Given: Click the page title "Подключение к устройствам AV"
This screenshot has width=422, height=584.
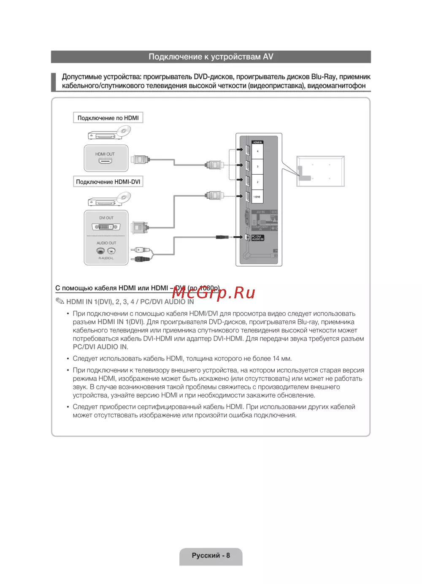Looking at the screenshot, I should [x=211, y=57].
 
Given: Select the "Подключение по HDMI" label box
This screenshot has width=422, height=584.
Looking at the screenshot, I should [x=108, y=118].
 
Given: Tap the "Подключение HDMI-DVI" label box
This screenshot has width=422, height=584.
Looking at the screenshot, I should [x=108, y=182].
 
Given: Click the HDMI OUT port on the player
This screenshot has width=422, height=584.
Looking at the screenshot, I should [x=105, y=161].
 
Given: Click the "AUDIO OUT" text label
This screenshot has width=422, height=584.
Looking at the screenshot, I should [x=106, y=243].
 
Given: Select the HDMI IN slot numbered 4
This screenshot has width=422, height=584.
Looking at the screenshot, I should [x=257, y=151].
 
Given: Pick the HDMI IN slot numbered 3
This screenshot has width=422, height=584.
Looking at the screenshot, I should [x=257, y=167].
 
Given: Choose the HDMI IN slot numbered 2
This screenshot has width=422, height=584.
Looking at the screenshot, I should [x=257, y=182].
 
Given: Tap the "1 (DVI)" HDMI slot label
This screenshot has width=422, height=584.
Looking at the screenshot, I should [x=257, y=197].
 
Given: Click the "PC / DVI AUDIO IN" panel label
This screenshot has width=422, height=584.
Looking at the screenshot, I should [x=257, y=238].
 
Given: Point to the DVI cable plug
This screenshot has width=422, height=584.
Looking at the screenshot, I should [x=139, y=228].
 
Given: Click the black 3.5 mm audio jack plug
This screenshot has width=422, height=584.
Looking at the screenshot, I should [x=222, y=237].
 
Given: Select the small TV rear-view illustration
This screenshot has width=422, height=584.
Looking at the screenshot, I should [x=321, y=171].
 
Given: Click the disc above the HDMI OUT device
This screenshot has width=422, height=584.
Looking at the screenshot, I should [x=123, y=130].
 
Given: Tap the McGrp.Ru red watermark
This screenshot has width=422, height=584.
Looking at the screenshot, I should [x=214, y=292].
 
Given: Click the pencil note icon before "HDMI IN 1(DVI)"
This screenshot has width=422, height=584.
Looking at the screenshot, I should [x=60, y=301].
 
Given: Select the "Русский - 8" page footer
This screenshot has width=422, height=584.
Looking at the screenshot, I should [x=211, y=555].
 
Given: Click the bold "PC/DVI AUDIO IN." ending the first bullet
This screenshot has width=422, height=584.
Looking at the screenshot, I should [x=100, y=347].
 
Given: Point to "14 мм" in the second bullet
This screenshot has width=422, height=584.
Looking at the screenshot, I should [x=281, y=359].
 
